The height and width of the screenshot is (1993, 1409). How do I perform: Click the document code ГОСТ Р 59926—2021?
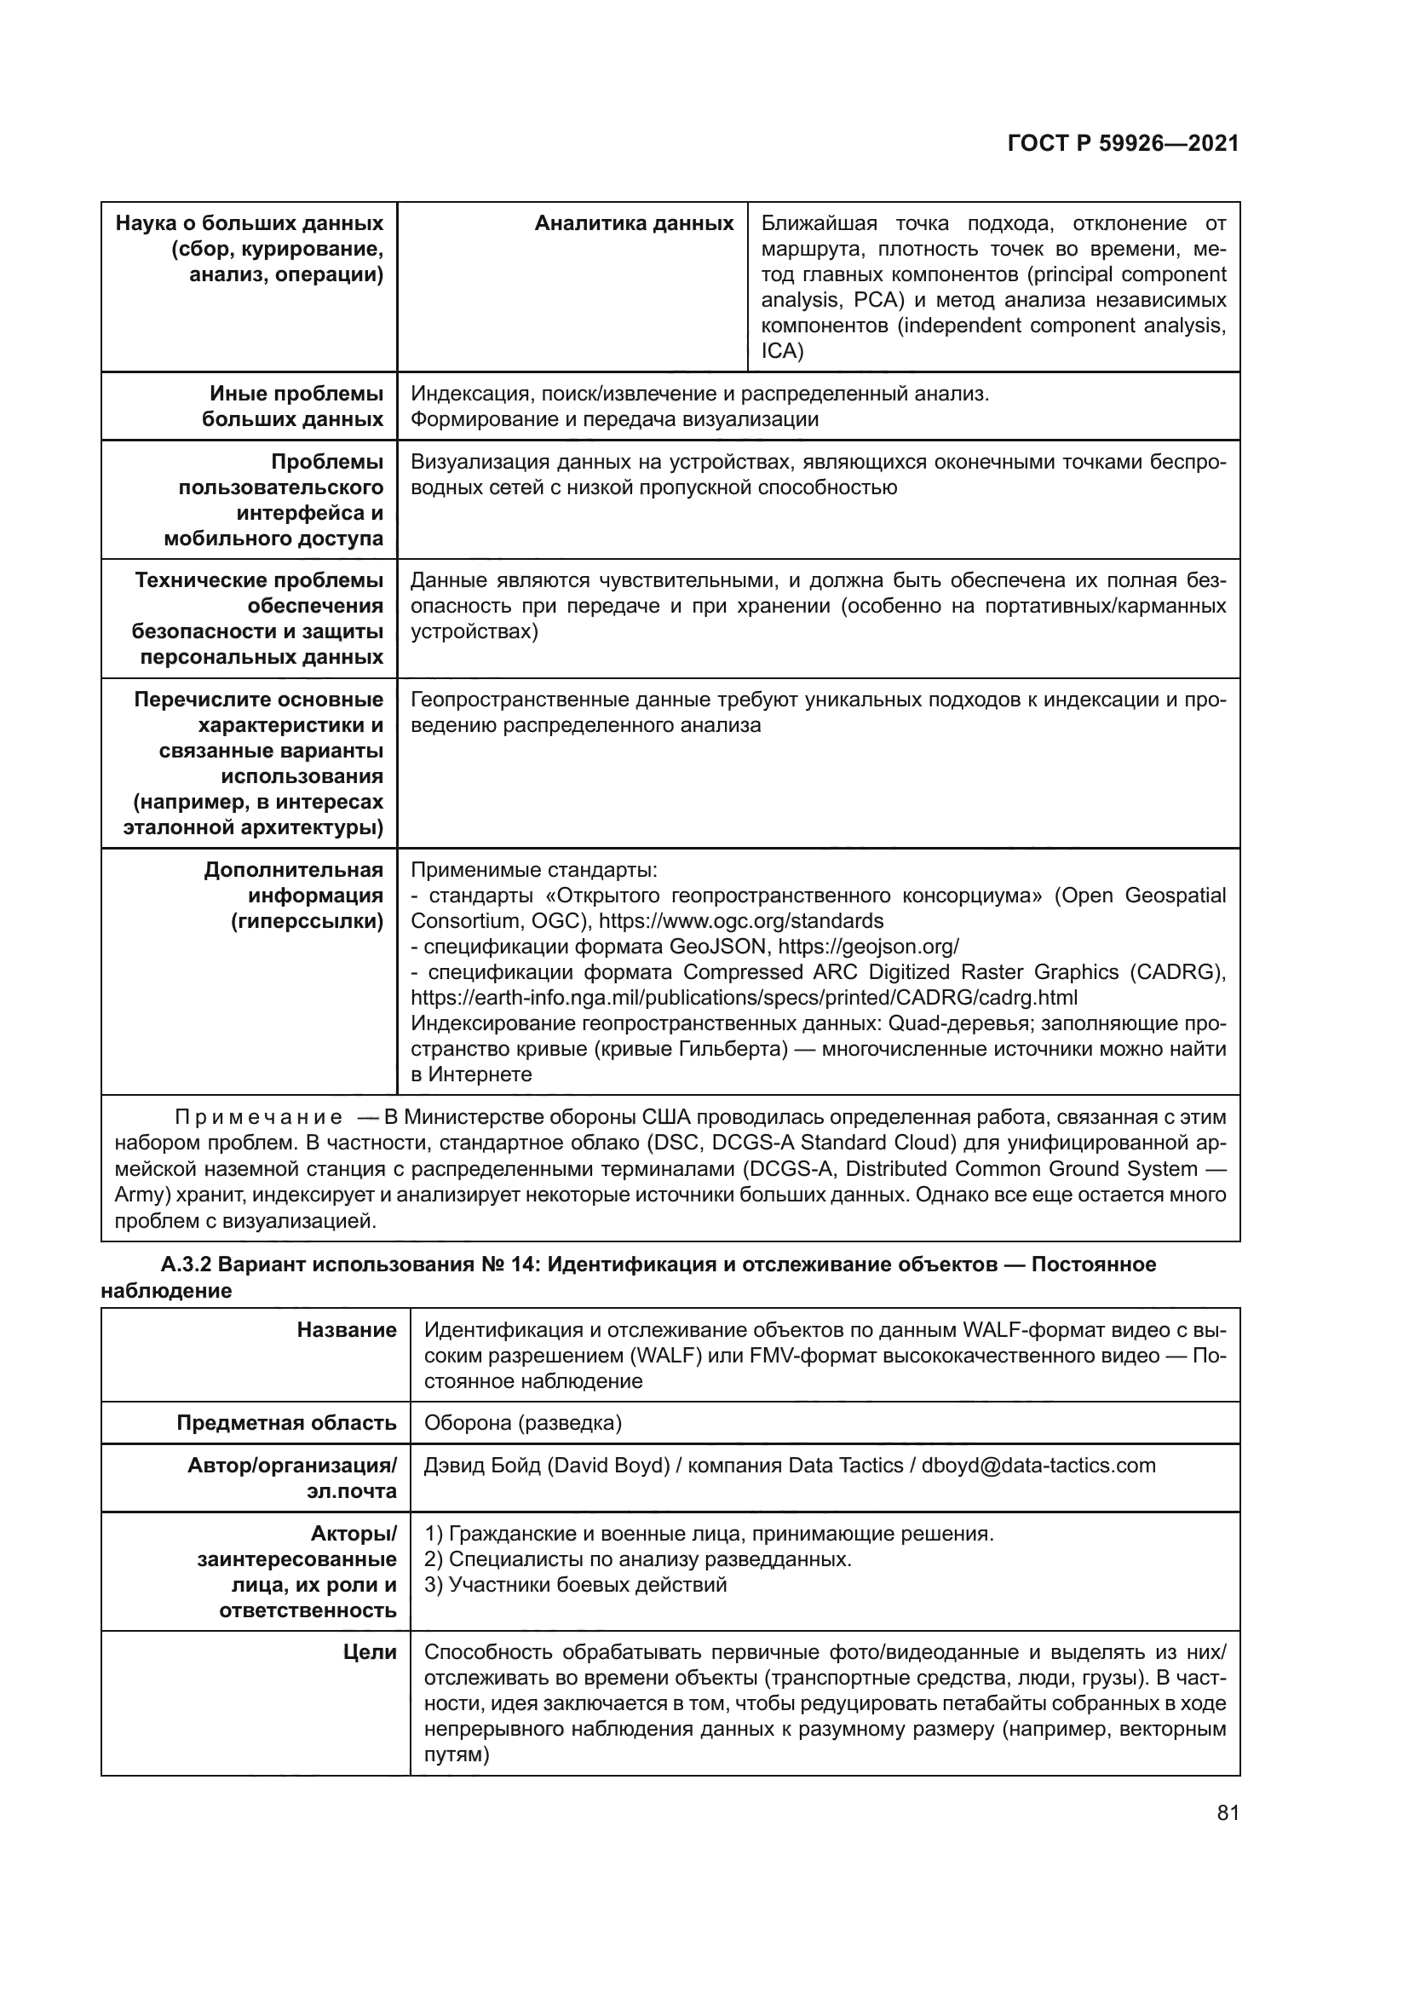pyautogui.click(x=1123, y=144)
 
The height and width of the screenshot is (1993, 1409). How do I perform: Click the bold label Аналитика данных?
pyautogui.click(x=635, y=224)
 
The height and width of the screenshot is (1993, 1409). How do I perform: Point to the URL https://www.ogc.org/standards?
pyautogui.click(x=741, y=921)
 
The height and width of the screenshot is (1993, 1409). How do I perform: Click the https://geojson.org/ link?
pyautogui.click(x=867, y=946)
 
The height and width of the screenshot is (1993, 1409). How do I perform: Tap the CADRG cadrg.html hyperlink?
pyautogui.click(x=744, y=998)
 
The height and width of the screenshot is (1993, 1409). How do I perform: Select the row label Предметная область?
pyautogui.click(x=286, y=1424)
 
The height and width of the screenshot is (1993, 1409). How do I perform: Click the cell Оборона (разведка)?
pyautogui.click(x=522, y=1424)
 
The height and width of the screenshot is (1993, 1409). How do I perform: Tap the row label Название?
pyautogui.click(x=346, y=1331)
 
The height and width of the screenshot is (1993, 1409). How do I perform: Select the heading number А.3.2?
pyautogui.click(x=186, y=1264)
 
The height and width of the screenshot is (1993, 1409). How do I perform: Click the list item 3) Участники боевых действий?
pyautogui.click(x=575, y=1586)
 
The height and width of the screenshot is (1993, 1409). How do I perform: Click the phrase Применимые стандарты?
pyautogui.click(x=533, y=870)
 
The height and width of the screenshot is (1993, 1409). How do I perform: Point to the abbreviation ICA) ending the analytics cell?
pyautogui.click(x=782, y=352)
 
